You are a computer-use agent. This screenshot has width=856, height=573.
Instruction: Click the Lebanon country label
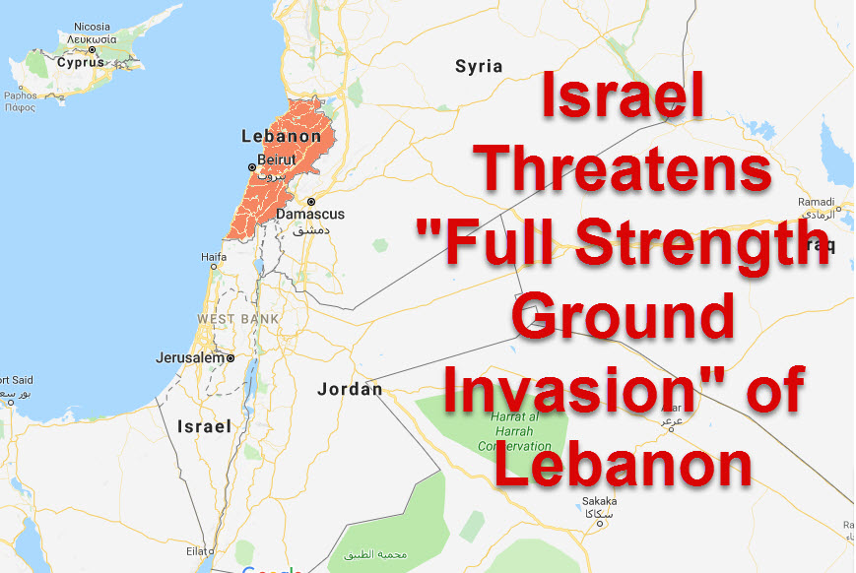click(281, 137)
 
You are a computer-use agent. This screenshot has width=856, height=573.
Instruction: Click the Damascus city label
click(310, 214)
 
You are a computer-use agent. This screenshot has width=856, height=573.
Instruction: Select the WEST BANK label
click(237, 319)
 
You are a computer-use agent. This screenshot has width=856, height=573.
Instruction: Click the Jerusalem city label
click(190, 358)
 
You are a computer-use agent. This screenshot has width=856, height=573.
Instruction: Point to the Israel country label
click(204, 426)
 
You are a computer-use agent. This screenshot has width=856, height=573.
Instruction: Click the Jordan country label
click(350, 389)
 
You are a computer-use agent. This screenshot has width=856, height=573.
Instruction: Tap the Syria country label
click(479, 67)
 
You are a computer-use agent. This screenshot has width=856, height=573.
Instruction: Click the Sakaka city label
click(599, 501)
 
